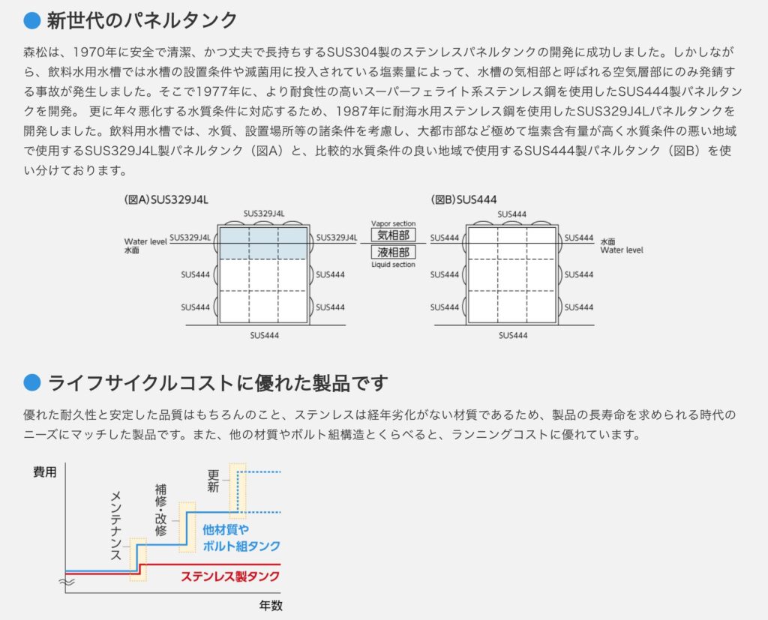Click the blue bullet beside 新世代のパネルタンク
click(31, 20)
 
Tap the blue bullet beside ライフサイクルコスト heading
click(31, 382)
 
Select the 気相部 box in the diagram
click(393, 235)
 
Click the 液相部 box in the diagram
click(393, 252)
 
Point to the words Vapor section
click(393, 223)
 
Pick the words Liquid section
click(393, 265)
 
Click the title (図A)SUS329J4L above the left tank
click(166, 199)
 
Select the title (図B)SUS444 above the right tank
click(463, 199)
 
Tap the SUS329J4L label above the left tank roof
click(264, 214)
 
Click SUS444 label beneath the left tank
click(265, 335)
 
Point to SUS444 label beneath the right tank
click(513, 335)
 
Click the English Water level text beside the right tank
click(622, 250)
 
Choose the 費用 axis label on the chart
click(45, 472)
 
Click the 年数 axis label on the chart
click(271, 606)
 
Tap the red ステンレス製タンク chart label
click(230, 576)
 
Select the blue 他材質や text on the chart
click(226, 529)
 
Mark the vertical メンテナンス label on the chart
click(115, 526)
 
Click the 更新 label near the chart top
click(213, 481)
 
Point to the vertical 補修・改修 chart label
click(160, 510)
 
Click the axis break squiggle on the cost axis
click(67, 583)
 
